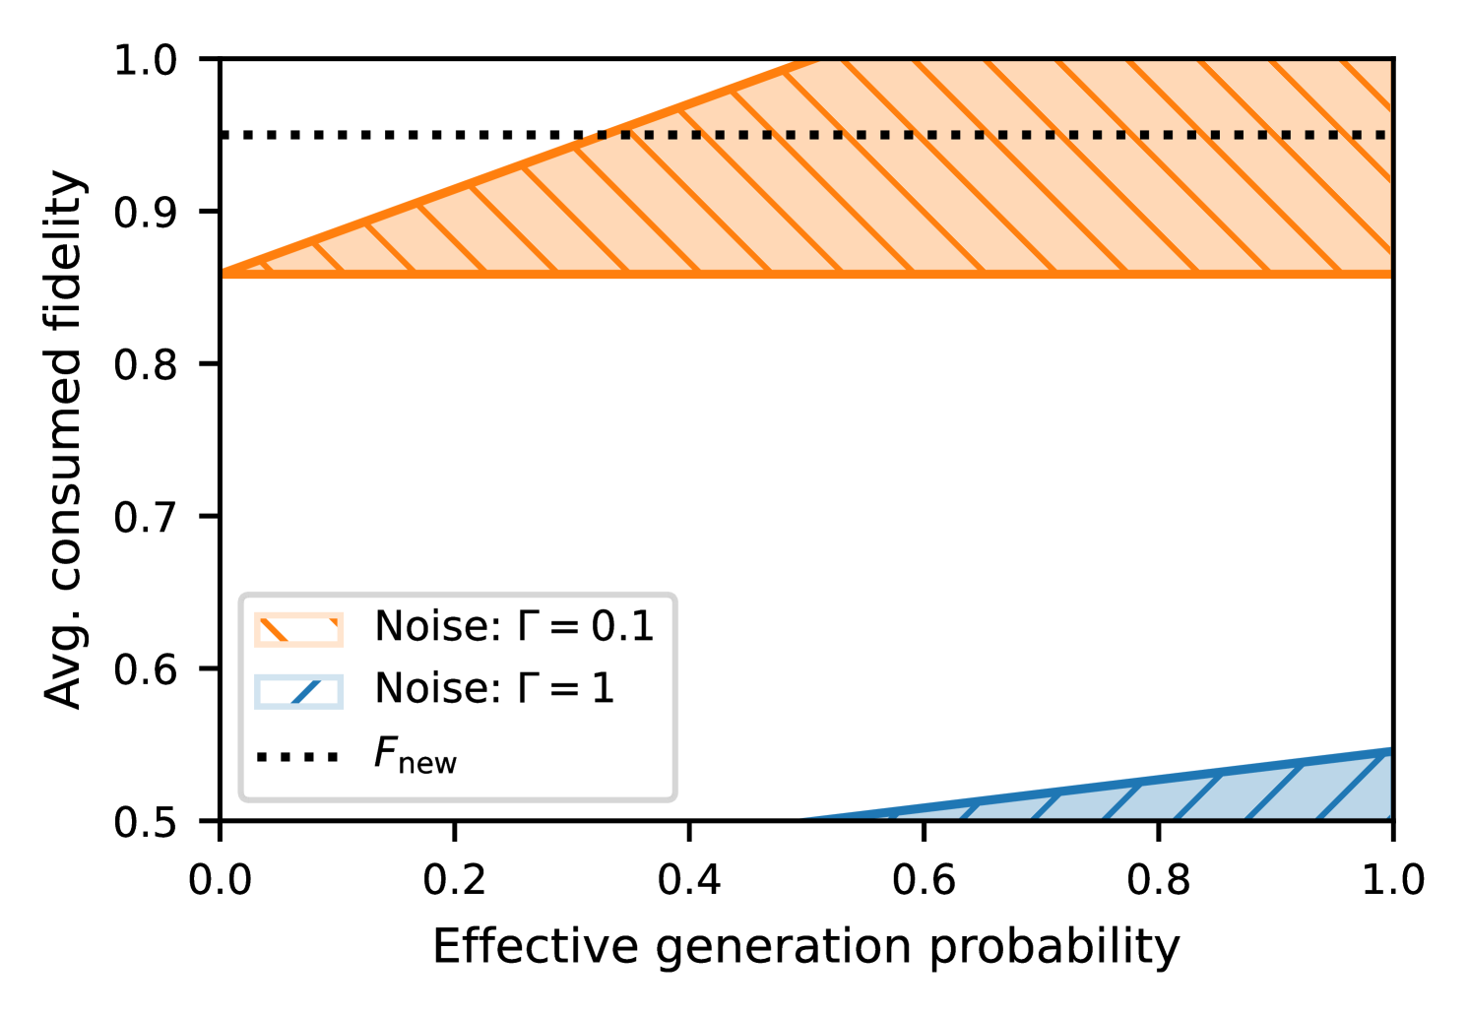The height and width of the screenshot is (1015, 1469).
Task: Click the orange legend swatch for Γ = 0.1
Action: (298, 629)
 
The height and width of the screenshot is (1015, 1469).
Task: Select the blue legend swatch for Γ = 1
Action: (298, 691)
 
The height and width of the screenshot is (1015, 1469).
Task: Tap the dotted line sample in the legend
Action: (298, 757)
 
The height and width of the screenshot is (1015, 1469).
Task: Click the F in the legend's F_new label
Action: (385, 753)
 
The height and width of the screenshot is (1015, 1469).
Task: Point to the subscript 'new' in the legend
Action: (427, 764)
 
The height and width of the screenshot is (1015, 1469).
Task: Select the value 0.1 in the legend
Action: (622, 627)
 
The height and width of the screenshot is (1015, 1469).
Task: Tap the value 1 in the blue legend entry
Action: (603, 689)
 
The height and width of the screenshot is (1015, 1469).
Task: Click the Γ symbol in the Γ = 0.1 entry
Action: (529, 627)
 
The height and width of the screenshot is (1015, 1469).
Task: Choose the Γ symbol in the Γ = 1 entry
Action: (529, 689)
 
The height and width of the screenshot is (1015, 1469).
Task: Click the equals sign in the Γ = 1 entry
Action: (565, 689)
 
